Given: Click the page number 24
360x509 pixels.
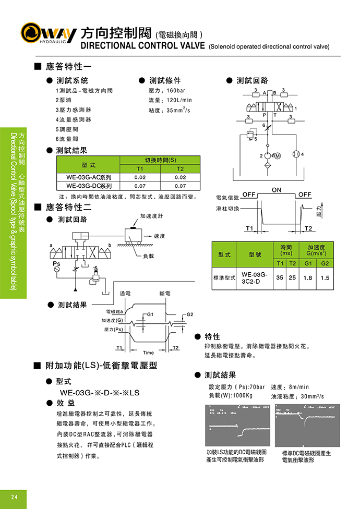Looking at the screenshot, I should (15, 496).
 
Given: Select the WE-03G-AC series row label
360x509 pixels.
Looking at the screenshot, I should (89, 177).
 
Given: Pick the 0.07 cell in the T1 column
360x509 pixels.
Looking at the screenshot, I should (140, 186).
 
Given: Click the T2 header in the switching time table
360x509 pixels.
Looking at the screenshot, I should (180, 168).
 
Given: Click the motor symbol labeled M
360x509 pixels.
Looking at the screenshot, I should (277, 156).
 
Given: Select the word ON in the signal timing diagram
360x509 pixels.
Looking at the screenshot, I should (277, 190).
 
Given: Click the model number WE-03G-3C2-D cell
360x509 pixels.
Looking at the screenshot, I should (255, 278).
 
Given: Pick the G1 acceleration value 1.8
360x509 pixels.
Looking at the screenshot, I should (308, 278).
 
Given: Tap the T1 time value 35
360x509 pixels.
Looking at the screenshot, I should (280, 278).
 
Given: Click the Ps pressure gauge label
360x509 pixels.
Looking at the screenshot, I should (56, 264).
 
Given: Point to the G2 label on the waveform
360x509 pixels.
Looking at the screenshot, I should (190, 314).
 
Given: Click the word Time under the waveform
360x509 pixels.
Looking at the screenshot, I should (148, 353).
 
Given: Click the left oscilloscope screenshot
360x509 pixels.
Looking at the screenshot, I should (237, 425).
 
